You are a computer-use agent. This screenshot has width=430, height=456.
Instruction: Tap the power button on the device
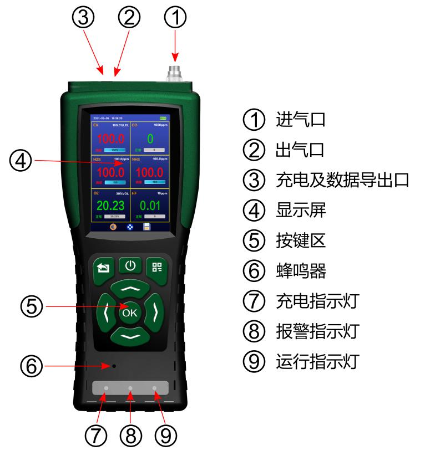tap(130, 266)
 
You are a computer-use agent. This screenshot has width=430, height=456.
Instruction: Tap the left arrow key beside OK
tap(106, 313)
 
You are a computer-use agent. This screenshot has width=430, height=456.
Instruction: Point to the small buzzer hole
tap(114, 366)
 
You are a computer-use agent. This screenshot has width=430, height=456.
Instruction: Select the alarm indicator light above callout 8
tap(130, 390)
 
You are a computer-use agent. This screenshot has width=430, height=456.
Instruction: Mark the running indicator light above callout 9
tap(154, 390)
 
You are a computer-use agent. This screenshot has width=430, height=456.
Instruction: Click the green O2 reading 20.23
tap(109, 206)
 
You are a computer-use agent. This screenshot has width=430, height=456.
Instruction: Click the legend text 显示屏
tap(296, 210)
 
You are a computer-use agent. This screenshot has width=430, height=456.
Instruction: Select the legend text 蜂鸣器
tap(296, 271)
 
